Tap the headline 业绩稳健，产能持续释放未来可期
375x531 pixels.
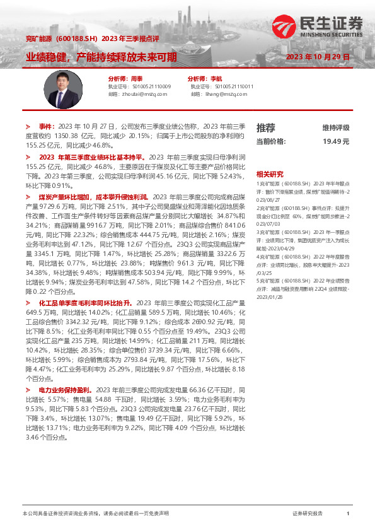(101, 57)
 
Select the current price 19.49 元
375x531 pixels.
(336, 141)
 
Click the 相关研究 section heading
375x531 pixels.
(270, 173)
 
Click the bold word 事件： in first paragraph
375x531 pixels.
(47, 126)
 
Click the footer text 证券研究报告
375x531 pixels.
(308, 514)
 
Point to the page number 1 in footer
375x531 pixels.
(348, 514)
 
